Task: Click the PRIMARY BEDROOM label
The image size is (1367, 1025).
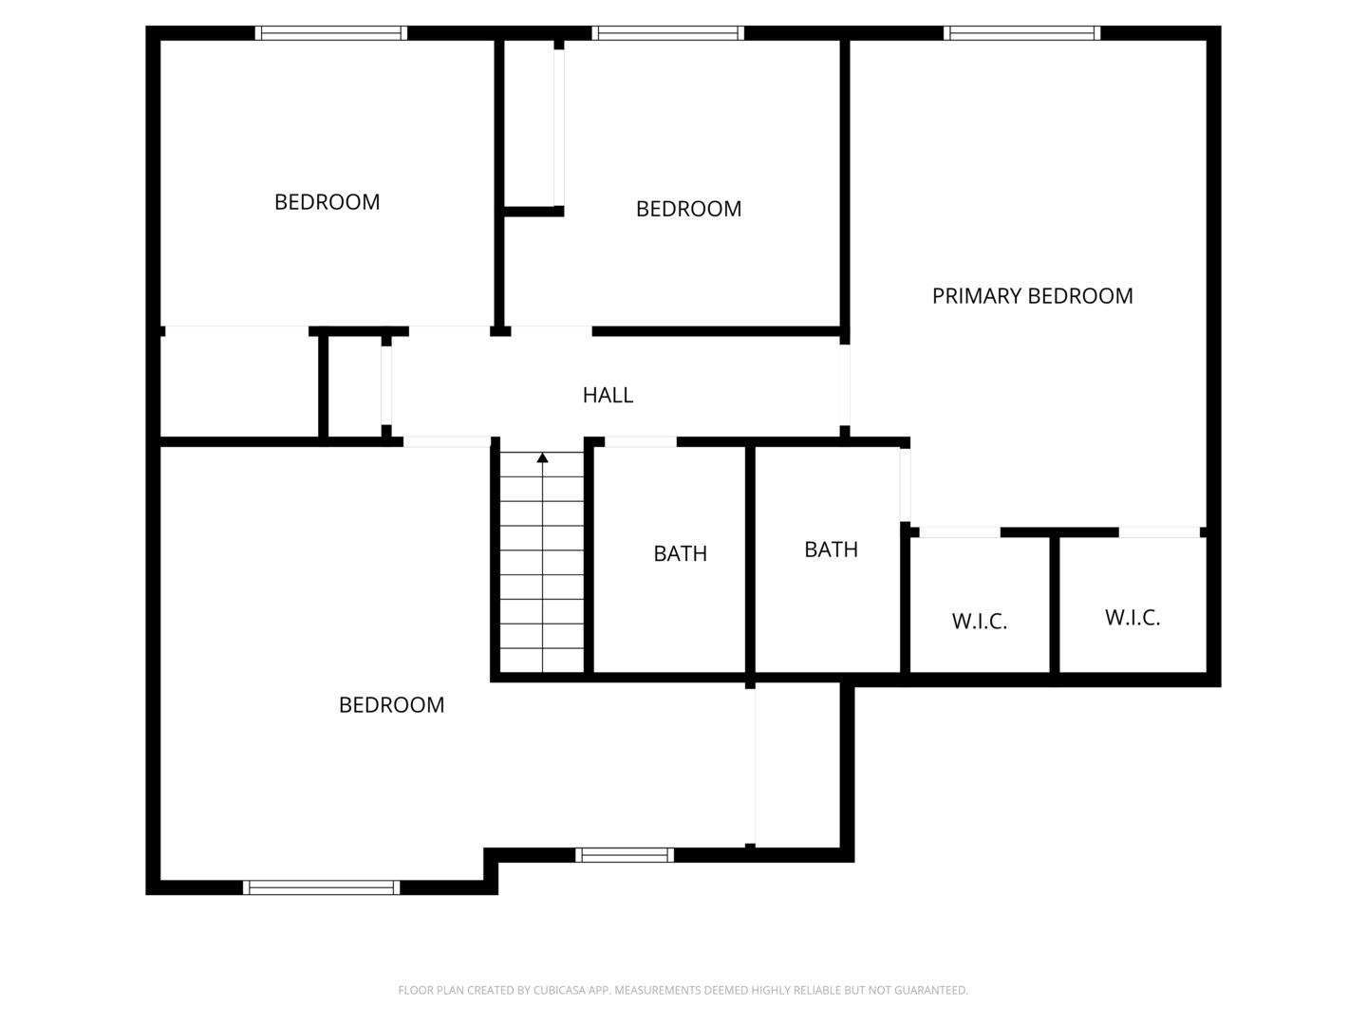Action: point(1032,296)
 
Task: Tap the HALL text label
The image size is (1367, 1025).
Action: point(608,395)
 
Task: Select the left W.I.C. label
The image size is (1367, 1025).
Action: point(979,622)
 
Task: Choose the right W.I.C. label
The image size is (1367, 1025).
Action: point(1133,618)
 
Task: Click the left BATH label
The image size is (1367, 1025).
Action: point(680,553)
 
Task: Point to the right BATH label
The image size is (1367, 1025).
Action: point(831,550)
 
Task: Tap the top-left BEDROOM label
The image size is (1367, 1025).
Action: point(327,202)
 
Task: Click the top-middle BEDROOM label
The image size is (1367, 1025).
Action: point(688,209)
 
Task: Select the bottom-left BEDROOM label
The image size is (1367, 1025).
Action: point(391,705)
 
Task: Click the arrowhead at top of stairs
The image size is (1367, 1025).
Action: point(542,458)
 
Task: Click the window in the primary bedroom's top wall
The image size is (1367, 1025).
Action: point(1022,33)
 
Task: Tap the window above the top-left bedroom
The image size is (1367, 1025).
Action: point(330,33)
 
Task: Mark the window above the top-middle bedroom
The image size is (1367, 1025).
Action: point(668,33)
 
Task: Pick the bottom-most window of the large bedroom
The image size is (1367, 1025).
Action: point(321,887)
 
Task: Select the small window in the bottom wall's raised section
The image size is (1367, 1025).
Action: point(625,855)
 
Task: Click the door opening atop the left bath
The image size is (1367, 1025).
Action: point(641,442)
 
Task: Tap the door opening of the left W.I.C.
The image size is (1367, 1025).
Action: point(960,532)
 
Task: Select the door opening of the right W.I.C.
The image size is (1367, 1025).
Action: point(1158,532)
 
